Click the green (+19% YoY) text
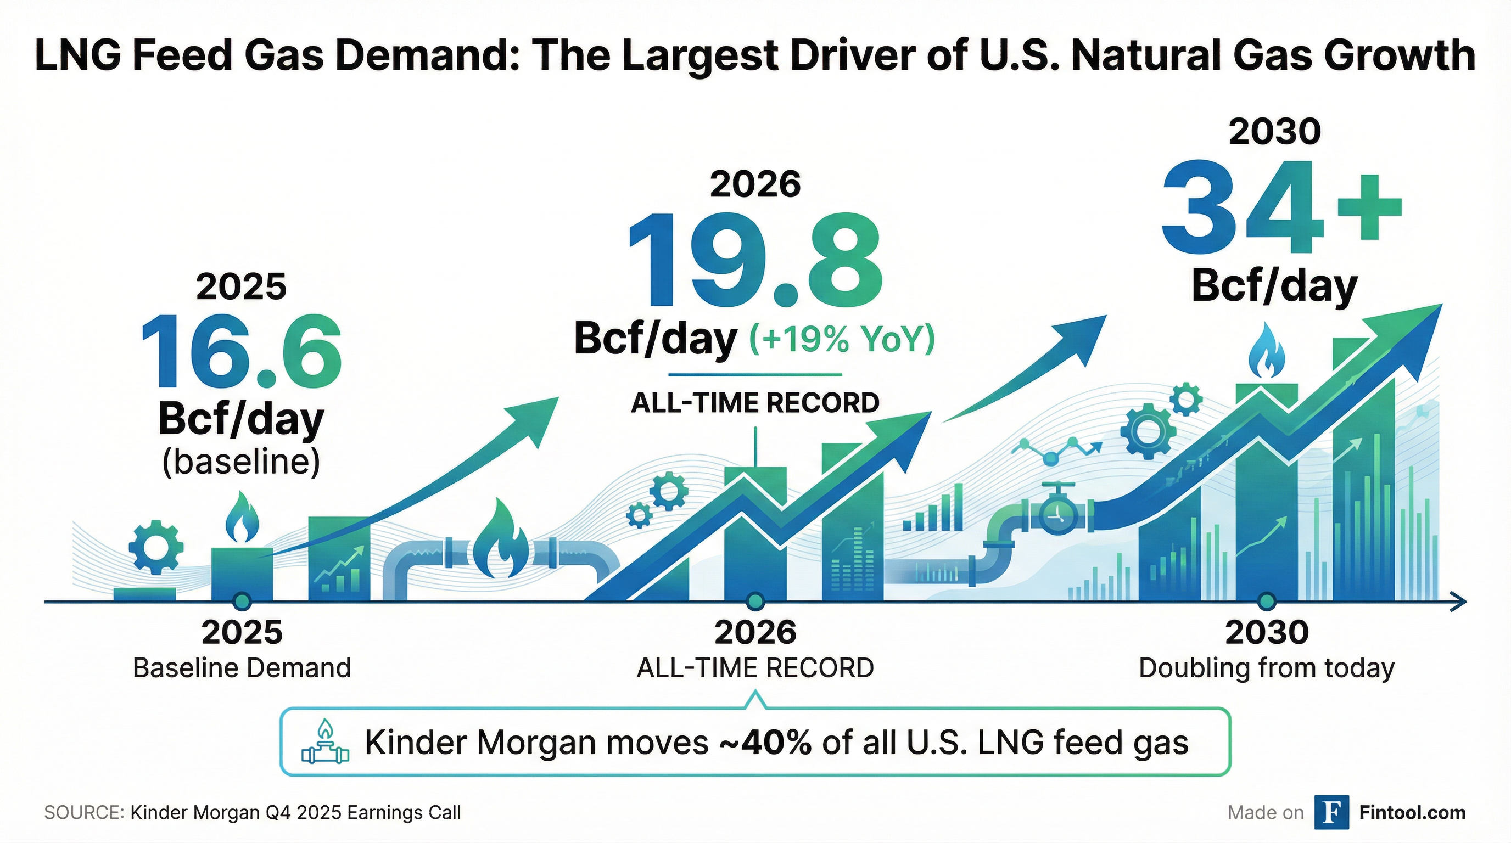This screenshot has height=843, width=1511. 842,339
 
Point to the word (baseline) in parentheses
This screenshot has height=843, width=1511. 241,462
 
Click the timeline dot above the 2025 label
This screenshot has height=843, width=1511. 242,601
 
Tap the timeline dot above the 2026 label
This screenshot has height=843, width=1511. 755,601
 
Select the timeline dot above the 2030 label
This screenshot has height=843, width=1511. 1267,601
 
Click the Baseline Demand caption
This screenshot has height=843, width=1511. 242,668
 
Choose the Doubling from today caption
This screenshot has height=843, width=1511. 1267,668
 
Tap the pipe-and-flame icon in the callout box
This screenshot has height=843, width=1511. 325,742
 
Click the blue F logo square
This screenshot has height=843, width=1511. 1331,812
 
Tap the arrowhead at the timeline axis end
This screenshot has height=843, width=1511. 1459,602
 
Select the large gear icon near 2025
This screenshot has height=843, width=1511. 155,547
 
